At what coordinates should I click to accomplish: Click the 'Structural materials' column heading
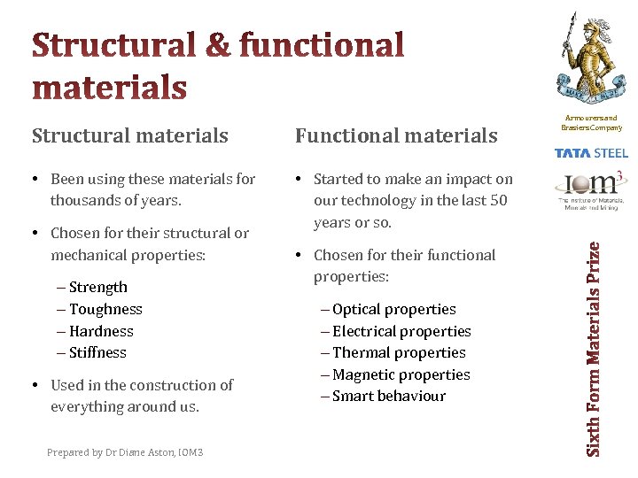(x=130, y=135)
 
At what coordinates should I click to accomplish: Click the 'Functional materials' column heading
(x=396, y=135)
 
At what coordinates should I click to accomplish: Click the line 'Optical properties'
(x=393, y=309)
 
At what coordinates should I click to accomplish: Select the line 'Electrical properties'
(x=401, y=331)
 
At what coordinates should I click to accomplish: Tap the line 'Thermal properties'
(x=398, y=352)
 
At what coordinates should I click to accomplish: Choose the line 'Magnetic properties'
(x=401, y=374)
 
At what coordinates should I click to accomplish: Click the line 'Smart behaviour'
(x=388, y=396)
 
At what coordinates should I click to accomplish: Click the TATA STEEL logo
(x=590, y=153)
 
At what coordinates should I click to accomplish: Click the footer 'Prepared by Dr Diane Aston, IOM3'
(x=125, y=452)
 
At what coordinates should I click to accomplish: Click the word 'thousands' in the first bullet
(x=82, y=200)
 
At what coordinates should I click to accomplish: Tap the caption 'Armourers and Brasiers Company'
(x=589, y=122)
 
